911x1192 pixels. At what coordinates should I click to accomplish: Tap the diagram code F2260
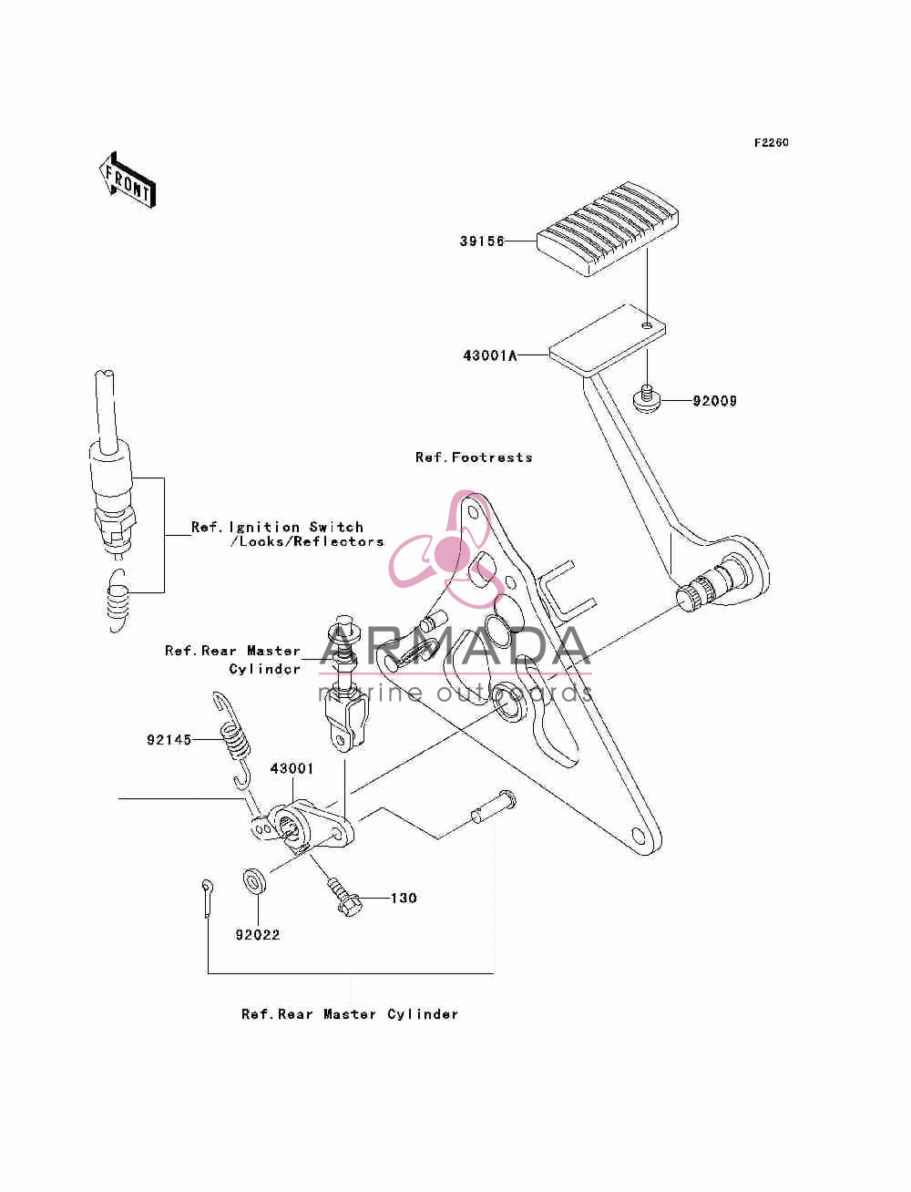click(x=771, y=143)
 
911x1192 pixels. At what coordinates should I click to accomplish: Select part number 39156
click(x=482, y=241)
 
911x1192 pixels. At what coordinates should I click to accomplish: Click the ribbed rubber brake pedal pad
click(x=608, y=229)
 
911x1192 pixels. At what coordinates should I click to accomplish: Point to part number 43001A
click(x=490, y=355)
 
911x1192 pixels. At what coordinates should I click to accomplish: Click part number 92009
click(x=714, y=401)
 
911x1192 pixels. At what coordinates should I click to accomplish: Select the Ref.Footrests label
click(x=474, y=457)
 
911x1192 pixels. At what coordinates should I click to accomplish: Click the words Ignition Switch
click(x=296, y=527)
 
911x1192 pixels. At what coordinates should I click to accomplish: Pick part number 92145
click(x=169, y=740)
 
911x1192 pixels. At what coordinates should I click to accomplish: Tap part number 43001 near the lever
click(x=292, y=768)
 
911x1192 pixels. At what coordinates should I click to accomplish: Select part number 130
click(x=404, y=899)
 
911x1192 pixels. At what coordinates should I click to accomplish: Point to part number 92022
click(x=257, y=935)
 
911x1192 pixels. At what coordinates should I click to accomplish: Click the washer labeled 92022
click(x=254, y=881)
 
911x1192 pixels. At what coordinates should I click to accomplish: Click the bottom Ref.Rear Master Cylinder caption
click(x=350, y=1014)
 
